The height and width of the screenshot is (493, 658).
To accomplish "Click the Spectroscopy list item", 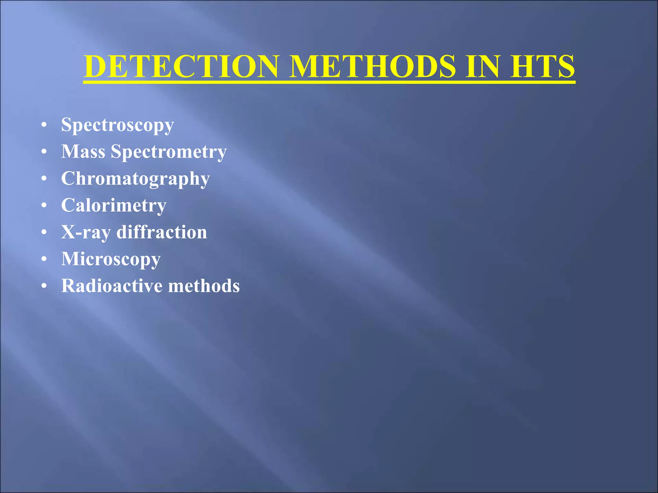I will [118, 125].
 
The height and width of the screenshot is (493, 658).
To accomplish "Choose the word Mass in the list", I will [83, 151].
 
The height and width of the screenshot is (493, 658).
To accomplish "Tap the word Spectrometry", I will [169, 152].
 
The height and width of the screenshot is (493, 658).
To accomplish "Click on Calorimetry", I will [114, 206].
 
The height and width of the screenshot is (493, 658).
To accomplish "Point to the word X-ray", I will [86, 232].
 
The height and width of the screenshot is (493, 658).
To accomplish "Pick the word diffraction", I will [162, 232].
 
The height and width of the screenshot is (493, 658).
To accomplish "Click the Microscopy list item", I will [111, 259].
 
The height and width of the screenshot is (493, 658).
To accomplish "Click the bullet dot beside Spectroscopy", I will [44, 125].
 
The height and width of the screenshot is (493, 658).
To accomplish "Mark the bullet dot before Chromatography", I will [44, 178].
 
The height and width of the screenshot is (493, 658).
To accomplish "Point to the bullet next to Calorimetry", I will [44, 205].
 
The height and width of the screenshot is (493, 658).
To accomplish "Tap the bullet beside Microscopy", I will [44, 259].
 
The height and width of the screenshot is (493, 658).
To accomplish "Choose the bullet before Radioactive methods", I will [44, 285].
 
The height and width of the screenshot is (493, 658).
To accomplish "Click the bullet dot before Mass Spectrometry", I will [44, 151].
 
